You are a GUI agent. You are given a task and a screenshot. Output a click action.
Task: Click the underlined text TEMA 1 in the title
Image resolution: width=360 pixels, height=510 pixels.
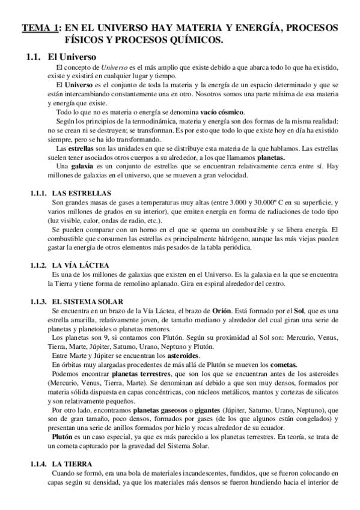tap(40, 28)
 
